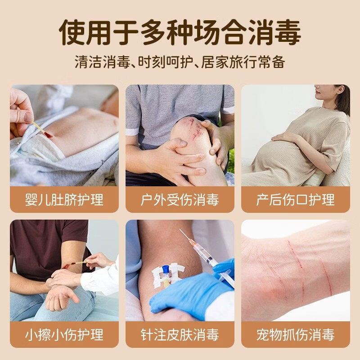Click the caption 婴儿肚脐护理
[64, 199]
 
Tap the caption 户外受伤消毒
[180, 199]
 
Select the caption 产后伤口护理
[295, 199]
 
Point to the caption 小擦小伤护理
[64, 335]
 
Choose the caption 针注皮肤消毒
[180, 335]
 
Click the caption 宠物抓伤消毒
[295, 335]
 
